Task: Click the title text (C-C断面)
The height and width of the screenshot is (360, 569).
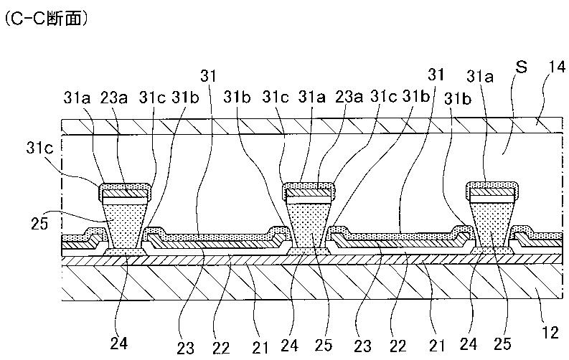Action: click(46, 19)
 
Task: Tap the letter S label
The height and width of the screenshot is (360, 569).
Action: click(521, 67)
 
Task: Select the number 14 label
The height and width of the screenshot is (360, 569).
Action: click(557, 67)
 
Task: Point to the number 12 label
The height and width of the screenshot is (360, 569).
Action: click(550, 333)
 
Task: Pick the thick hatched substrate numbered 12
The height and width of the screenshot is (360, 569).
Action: click(312, 282)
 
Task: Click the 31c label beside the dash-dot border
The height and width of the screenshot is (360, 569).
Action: click(39, 148)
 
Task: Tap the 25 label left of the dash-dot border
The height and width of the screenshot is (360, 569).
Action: click(39, 224)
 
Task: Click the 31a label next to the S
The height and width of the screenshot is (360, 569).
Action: click(480, 77)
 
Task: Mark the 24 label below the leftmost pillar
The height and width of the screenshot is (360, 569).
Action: click(118, 343)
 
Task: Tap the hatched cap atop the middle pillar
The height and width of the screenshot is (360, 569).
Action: click(307, 191)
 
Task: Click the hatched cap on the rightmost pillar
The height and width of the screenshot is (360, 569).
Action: click(492, 191)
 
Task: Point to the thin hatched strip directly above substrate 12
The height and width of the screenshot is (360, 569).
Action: click(312, 260)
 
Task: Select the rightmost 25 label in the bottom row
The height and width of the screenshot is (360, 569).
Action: click(502, 344)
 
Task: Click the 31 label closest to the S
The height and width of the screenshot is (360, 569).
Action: click(436, 75)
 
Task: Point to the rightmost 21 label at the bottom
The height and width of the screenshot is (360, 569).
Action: click(437, 346)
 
